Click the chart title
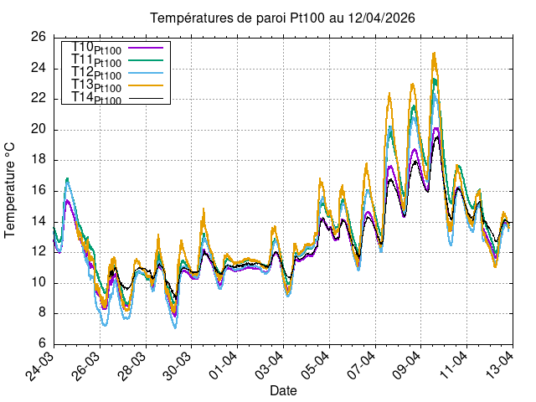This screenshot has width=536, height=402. (282, 18)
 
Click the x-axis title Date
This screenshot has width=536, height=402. (283, 390)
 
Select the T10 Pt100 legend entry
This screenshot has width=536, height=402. (97, 49)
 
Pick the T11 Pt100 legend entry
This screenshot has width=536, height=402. (97, 61)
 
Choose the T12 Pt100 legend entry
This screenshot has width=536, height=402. (97, 75)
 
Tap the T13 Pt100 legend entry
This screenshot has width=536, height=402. (97, 87)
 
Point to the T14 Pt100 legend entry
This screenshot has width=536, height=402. (97, 99)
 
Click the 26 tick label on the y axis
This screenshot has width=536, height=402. (39, 38)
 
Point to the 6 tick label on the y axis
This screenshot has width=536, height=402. (42, 344)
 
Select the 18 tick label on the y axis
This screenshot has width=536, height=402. (39, 160)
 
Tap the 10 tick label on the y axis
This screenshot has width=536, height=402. (39, 283)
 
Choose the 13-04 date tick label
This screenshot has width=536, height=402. (498, 364)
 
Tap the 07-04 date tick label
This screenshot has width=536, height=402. (362, 364)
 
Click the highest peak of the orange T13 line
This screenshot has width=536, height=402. (434, 53)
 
